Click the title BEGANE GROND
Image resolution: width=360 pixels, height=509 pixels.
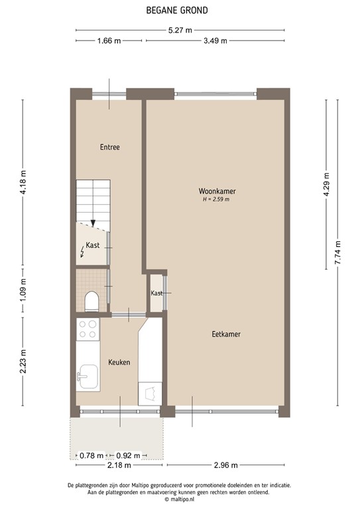(179, 10)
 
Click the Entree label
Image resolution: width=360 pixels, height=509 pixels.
(109, 147)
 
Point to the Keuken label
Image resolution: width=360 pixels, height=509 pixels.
(119, 363)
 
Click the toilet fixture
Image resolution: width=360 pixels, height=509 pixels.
(91, 302)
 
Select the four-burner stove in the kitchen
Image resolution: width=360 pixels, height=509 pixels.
(88, 329)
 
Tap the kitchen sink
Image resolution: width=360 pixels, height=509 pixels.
(88, 378)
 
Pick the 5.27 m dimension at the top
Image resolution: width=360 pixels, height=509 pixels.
(180, 30)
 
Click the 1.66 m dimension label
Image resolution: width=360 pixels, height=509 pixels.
(109, 41)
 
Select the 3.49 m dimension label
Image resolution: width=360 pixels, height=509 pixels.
(214, 41)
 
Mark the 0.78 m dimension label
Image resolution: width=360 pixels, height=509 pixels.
(91, 455)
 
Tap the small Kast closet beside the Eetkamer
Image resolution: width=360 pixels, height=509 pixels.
(156, 293)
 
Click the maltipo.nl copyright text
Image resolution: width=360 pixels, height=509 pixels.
(179, 500)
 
